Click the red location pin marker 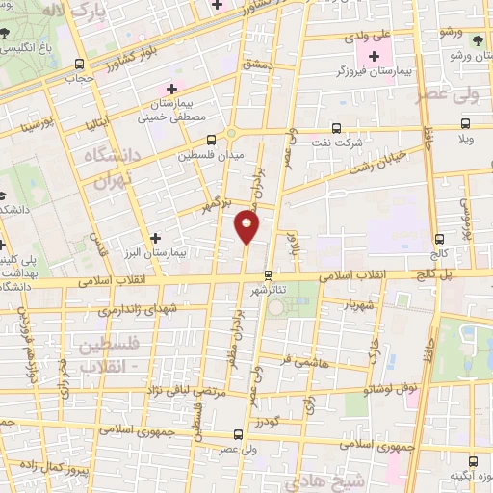246,227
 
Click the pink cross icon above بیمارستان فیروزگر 375,56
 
